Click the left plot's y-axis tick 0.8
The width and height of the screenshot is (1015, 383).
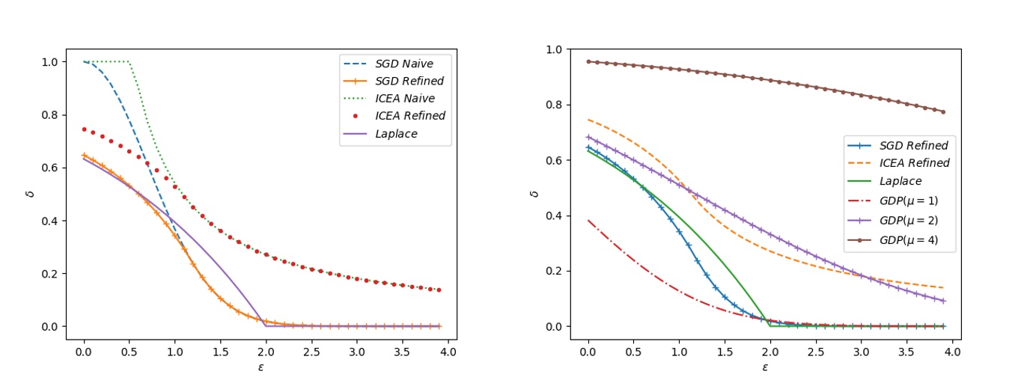(49, 114)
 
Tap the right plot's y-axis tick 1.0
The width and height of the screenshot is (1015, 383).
(555, 49)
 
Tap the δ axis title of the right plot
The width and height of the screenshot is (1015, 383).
(532, 194)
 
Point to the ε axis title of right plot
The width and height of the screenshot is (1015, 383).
(765, 367)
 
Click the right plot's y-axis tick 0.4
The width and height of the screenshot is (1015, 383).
(555, 216)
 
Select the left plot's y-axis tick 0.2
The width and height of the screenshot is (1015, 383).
(49, 274)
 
